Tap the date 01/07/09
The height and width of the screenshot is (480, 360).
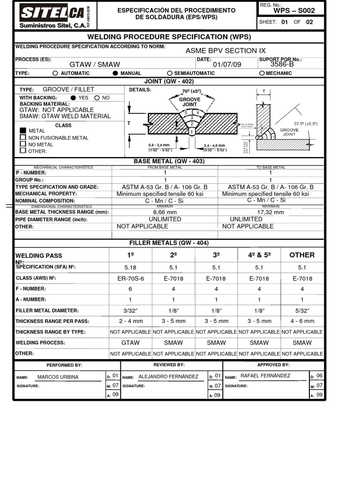(x=227, y=64)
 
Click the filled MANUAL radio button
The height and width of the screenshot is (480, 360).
(x=115, y=74)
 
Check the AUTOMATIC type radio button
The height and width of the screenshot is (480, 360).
(x=55, y=74)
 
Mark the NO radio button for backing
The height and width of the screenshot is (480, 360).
(x=97, y=98)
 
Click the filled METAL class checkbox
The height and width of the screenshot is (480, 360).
(x=22, y=130)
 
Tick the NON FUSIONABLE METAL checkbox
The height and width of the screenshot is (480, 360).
(x=22, y=137)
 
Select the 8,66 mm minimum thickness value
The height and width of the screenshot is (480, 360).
(x=165, y=212)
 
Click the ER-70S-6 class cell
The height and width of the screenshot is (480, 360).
(x=130, y=278)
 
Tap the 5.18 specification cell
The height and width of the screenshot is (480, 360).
(x=130, y=267)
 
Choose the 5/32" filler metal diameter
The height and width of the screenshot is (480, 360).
(x=302, y=310)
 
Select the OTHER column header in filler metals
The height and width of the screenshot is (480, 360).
(x=302, y=255)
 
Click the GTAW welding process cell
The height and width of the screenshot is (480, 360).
(x=130, y=343)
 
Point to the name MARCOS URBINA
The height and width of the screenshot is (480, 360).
(x=58, y=377)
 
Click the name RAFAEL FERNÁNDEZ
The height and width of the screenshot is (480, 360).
(x=265, y=375)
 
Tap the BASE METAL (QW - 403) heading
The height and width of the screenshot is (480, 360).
(x=169, y=161)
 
